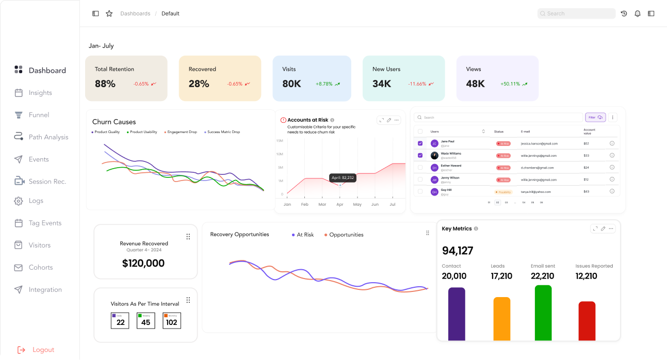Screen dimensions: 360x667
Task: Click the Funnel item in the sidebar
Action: (x=39, y=115)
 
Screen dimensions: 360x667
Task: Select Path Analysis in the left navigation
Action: (x=48, y=137)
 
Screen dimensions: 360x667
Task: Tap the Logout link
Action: (x=43, y=350)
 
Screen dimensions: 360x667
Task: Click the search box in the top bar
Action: (x=576, y=13)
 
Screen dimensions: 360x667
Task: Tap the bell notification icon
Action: (x=638, y=13)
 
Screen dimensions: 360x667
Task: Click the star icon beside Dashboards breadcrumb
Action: (x=109, y=13)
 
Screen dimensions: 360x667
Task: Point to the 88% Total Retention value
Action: (x=105, y=84)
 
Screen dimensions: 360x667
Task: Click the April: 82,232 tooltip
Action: (x=343, y=178)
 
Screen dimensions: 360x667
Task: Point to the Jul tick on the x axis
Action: (x=392, y=205)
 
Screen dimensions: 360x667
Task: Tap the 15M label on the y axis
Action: (x=280, y=140)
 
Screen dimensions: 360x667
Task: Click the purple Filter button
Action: (x=595, y=117)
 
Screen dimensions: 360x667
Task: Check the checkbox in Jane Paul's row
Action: (x=420, y=143)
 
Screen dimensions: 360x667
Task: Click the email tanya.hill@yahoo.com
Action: (x=535, y=192)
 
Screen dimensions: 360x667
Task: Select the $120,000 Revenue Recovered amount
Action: (x=143, y=263)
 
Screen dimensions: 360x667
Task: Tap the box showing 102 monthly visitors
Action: (x=171, y=321)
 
